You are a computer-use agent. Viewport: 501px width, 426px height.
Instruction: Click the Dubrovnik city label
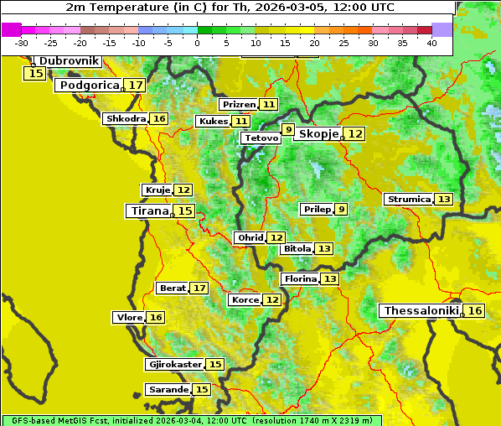[70, 61]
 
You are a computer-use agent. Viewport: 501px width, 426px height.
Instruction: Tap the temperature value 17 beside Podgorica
[136, 86]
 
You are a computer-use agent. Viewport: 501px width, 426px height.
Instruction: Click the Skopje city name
[318, 134]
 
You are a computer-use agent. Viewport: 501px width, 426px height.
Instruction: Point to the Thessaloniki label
[421, 311]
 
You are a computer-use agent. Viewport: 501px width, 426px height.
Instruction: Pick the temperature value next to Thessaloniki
[475, 311]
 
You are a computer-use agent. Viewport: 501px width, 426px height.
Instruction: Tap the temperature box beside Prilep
[341, 209]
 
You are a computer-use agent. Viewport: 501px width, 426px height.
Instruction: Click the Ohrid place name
[250, 238]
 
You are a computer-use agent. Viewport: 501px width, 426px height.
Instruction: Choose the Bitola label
[297, 249]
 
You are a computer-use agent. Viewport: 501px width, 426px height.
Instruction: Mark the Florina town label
[300, 278]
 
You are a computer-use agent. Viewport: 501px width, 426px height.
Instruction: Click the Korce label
[245, 300]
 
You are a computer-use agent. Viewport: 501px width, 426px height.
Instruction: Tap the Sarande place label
[168, 390]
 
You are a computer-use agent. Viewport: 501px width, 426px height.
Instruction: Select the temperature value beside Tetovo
[288, 130]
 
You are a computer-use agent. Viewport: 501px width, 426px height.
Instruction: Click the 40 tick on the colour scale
[431, 43]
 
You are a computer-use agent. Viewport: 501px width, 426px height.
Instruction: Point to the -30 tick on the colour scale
[22, 43]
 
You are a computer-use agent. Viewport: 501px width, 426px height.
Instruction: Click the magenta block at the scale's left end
[12, 29]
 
